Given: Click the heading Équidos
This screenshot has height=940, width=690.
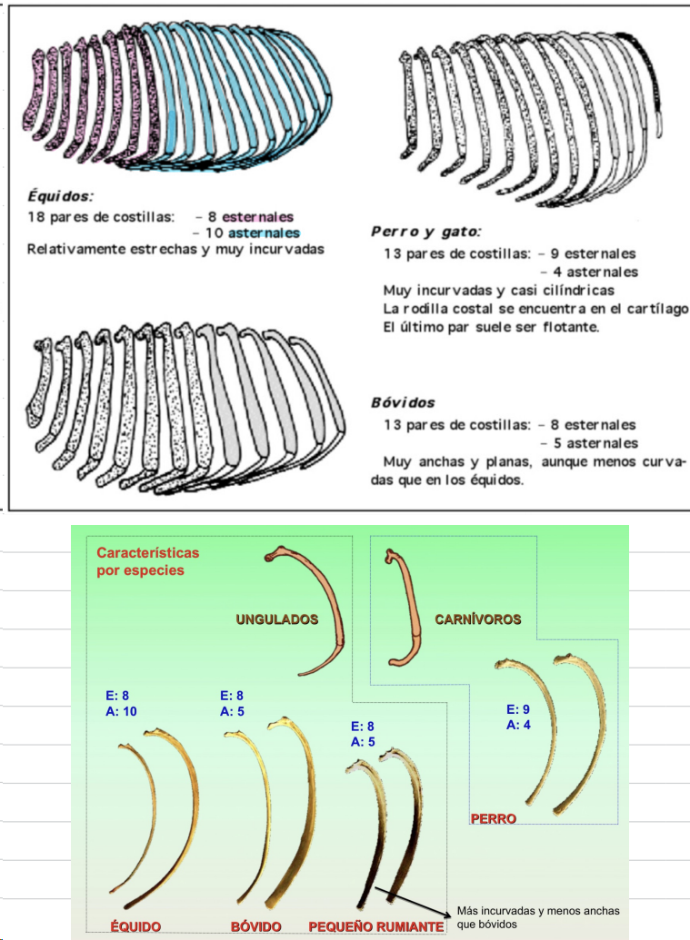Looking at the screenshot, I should (58, 195).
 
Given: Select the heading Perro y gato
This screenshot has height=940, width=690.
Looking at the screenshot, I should (425, 232).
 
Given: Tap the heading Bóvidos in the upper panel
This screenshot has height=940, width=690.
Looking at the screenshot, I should (403, 402).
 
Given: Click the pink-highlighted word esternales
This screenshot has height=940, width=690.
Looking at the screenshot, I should (257, 216).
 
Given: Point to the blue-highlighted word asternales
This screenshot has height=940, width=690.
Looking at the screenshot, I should (263, 233).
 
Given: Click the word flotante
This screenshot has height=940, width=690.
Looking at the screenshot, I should (566, 327).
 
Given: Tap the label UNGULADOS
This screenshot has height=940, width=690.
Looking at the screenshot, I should (277, 619).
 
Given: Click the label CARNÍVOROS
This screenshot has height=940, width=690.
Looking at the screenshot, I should (478, 619).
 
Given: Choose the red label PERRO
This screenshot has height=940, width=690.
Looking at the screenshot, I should (494, 819).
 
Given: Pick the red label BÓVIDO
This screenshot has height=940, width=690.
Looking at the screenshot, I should (255, 926).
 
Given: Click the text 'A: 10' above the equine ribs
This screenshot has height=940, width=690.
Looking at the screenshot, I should (121, 711).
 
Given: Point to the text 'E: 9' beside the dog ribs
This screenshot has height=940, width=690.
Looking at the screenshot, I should (518, 709).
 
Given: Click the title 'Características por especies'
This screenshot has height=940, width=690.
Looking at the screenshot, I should (147, 561).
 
